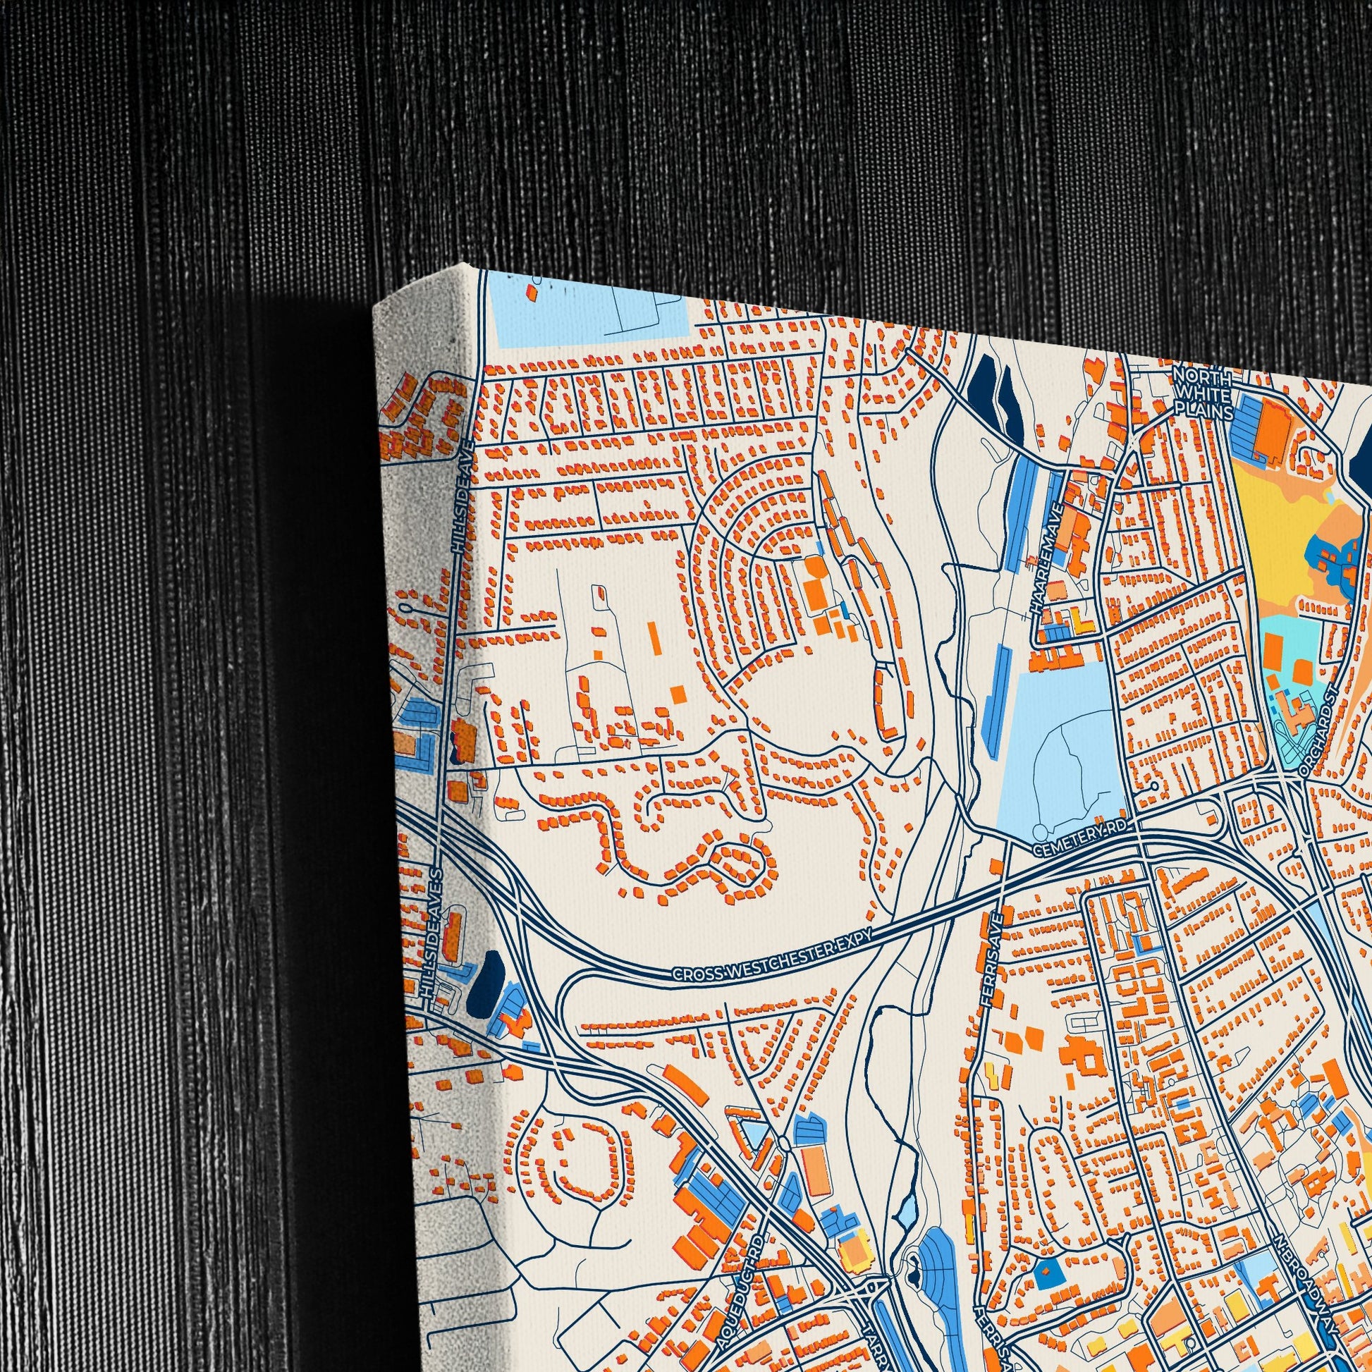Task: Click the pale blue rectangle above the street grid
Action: point(589,316)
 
